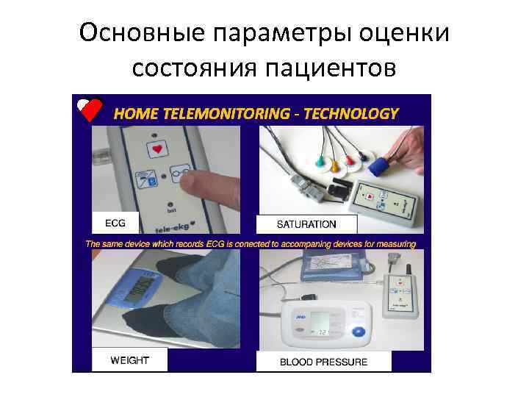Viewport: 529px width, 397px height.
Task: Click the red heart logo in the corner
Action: tap(92, 110)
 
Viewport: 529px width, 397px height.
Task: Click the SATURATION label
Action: tap(306, 223)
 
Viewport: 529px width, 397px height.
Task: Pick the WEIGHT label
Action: tap(129, 360)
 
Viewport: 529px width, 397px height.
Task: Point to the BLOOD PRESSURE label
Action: tap(323, 361)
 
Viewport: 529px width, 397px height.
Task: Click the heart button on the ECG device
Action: tap(156, 149)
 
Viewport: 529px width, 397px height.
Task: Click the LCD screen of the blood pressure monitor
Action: tap(320, 324)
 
